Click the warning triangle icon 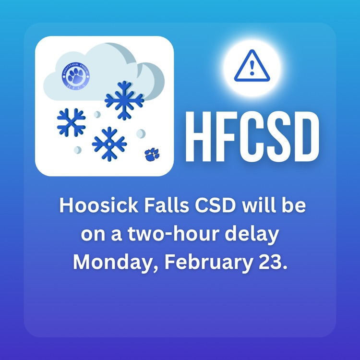252,67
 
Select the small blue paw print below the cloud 152,154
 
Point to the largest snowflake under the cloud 124,100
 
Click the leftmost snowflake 71,121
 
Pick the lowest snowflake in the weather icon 109,144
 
